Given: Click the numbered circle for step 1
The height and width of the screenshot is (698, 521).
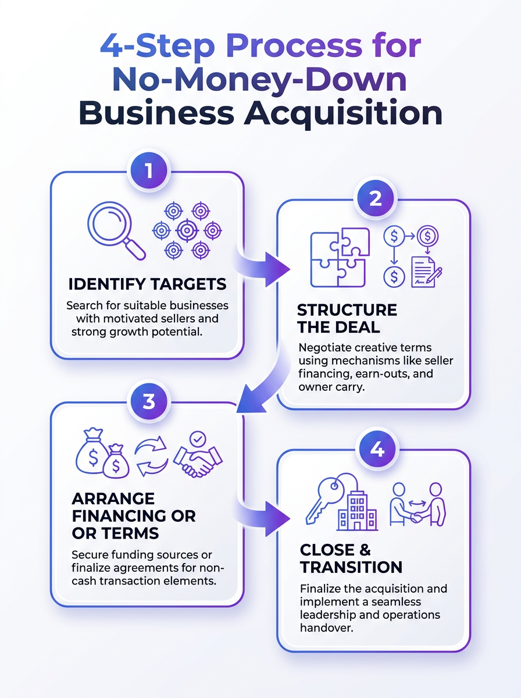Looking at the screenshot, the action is tap(149, 171).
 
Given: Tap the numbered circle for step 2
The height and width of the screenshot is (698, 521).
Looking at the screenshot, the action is tap(376, 198).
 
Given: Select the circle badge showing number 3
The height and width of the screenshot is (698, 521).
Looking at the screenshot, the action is tap(149, 401).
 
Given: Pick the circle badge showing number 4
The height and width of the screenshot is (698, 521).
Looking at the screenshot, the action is tap(377, 450).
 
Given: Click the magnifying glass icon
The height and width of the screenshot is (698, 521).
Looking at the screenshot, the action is tap(116, 230).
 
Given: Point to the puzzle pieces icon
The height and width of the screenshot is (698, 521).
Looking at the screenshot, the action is tap(340, 258).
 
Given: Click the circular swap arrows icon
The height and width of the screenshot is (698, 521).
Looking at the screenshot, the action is tap(151, 455).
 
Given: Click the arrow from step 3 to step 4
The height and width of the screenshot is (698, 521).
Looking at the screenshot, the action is tap(262, 519).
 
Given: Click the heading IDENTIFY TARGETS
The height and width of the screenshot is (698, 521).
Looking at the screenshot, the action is tap(148, 284).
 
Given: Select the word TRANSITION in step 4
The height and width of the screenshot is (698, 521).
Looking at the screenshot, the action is tap(351, 567).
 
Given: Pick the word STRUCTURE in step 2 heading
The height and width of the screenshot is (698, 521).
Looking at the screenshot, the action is tap(347, 310).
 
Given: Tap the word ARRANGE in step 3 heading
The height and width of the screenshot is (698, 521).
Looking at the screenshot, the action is tap(113, 498).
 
